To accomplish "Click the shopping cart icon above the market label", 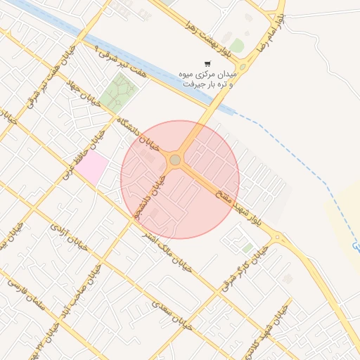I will [x=207, y=64].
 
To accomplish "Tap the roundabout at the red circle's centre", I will [x=175, y=160].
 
